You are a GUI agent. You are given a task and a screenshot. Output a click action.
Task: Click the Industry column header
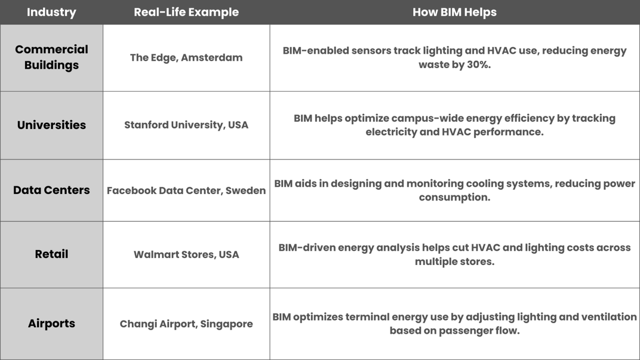click(x=51, y=12)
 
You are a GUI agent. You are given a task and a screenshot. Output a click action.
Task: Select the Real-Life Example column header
click(x=186, y=12)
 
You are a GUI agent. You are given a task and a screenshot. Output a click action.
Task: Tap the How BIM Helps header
click(x=454, y=12)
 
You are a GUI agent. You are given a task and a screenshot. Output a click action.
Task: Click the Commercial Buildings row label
click(x=51, y=57)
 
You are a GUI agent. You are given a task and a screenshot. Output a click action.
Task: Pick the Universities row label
click(x=51, y=125)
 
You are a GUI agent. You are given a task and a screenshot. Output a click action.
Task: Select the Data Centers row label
click(x=51, y=190)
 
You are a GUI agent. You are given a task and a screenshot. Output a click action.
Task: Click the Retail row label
click(x=51, y=254)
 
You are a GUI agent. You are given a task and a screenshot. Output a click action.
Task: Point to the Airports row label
click(x=51, y=324)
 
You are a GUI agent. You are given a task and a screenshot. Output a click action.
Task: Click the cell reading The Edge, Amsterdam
click(x=186, y=58)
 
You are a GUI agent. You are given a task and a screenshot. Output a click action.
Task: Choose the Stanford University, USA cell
click(x=186, y=125)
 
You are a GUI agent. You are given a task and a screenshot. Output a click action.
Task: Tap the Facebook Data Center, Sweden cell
click(x=186, y=190)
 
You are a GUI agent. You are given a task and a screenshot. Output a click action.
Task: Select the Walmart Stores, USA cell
click(x=186, y=254)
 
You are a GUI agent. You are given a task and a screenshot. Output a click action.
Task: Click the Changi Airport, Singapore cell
click(x=186, y=324)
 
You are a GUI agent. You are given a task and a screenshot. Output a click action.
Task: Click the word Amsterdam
click(x=212, y=58)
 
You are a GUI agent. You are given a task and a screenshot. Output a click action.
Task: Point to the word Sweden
click(x=246, y=190)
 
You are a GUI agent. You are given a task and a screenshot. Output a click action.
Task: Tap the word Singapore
click(x=227, y=324)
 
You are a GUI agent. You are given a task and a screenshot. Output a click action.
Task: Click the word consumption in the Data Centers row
click(x=454, y=197)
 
